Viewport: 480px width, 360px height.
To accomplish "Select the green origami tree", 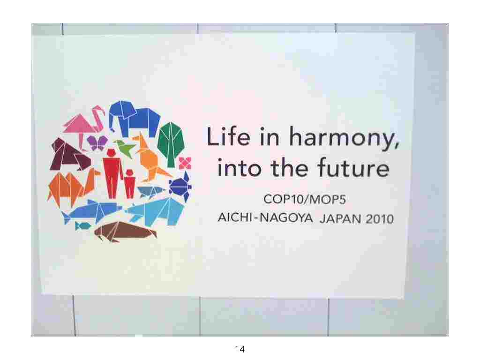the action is (x=171, y=144).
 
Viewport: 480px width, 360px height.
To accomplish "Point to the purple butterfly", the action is (x=97, y=142).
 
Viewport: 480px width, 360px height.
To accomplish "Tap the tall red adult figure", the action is (x=112, y=173).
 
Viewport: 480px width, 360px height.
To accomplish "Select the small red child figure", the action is (x=129, y=184).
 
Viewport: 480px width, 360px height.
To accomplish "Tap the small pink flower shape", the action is (x=185, y=163).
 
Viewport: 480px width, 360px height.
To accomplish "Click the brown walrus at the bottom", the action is (x=125, y=232).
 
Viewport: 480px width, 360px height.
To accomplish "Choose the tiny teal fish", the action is (x=82, y=226).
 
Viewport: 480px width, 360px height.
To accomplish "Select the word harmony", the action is (x=344, y=139).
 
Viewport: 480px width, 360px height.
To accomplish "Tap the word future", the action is (x=353, y=168).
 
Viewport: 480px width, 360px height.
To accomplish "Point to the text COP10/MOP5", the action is (x=305, y=200).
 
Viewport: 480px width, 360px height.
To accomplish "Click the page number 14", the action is (x=240, y=349).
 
